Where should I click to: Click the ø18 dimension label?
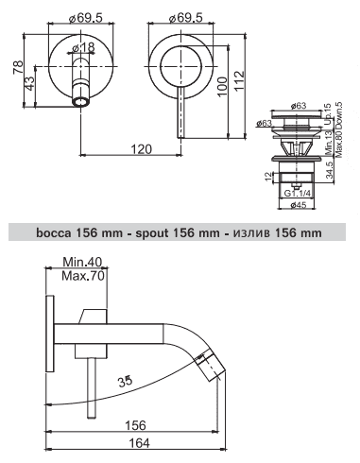(x=83, y=48)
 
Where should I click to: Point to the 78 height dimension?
(x=18, y=67)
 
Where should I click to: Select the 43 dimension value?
(x=30, y=83)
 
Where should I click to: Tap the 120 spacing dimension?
(x=140, y=149)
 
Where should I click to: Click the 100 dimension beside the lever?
(x=222, y=87)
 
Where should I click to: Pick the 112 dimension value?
(x=239, y=81)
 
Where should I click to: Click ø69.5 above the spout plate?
(x=86, y=18)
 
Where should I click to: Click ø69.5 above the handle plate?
(x=185, y=18)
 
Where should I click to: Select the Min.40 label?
(x=82, y=262)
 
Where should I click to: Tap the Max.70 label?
(x=82, y=276)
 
